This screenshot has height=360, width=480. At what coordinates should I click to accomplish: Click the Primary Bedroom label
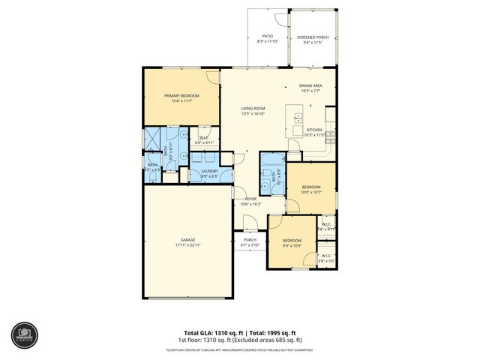(181, 95)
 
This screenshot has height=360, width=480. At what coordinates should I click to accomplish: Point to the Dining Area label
(310, 85)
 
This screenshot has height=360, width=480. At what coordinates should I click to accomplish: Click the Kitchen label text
(314, 130)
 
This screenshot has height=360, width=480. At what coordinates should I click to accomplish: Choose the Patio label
(267, 36)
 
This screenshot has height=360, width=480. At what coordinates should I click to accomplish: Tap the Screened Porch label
(311, 36)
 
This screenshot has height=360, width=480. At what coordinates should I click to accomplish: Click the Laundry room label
(210, 171)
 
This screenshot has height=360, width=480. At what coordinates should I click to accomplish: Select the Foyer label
(250, 199)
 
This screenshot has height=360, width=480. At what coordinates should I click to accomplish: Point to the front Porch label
(250, 240)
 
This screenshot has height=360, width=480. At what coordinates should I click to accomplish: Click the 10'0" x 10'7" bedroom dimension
(311, 192)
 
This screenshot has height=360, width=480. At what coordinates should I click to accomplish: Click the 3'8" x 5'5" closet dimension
(326, 262)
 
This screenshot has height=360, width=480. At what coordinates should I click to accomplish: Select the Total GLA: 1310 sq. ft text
(211, 332)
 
